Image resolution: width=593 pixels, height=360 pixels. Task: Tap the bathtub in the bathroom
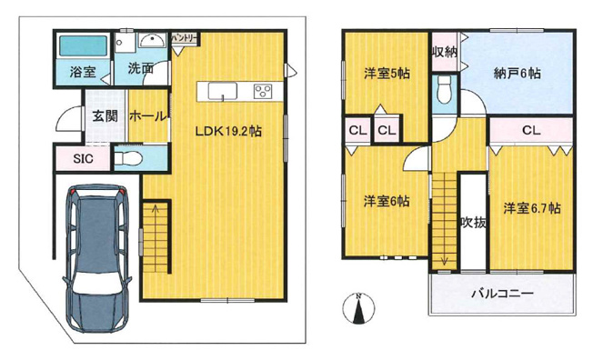[x=84, y=45]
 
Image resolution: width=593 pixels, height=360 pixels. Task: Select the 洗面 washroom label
[x=139, y=68]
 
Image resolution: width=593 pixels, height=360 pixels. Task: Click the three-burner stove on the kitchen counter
[x=263, y=90]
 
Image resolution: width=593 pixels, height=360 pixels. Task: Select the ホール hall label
[x=146, y=115]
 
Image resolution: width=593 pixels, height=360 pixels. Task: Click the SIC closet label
[x=82, y=159]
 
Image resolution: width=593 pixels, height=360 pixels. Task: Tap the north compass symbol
[x=358, y=307]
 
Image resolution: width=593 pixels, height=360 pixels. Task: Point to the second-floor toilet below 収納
[x=444, y=91]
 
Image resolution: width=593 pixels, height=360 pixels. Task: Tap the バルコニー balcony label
[x=501, y=294]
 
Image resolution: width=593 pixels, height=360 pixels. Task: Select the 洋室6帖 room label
[x=387, y=201]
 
